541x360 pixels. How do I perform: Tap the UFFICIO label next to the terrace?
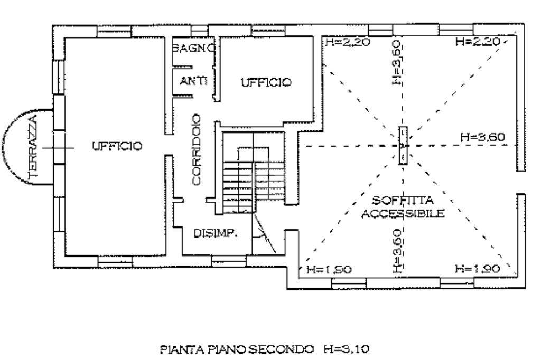coord(117,146)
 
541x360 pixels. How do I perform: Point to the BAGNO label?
coord(193,48)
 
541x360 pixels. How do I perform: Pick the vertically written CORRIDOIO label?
coord(197,149)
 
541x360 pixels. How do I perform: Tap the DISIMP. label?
coord(215,233)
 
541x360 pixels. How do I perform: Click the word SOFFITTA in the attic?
coord(403,201)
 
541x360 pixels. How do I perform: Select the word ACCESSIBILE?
coord(403,213)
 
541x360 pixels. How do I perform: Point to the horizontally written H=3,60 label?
coord(482,137)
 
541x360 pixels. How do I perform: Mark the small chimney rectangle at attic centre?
coord(403,146)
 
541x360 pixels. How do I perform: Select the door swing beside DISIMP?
coord(264,235)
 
